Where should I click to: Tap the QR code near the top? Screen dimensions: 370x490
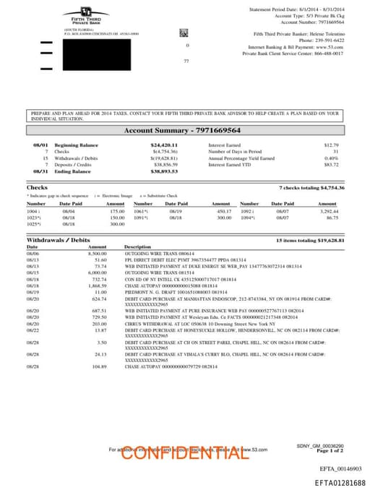coord(184,33)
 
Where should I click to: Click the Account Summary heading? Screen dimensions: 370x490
coord(184,131)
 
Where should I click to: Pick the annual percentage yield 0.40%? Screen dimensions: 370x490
coord(331,158)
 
